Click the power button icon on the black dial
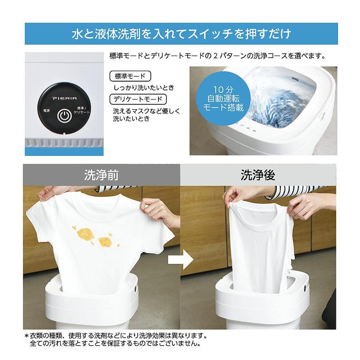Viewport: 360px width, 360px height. [x=64, y=116]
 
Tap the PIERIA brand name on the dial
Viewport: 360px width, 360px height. [x=65, y=98]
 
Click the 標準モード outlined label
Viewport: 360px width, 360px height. [x=130, y=76]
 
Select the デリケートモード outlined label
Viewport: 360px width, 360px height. [x=138, y=99]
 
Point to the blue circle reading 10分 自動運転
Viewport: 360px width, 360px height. [x=223, y=99]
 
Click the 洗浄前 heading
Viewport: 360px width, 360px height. [x=101, y=175]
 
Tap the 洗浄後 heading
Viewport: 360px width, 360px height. [x=258, y=175]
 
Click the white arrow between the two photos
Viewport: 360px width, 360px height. [x=181, y=260]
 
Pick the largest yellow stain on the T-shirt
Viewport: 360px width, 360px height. [x=86, y=234]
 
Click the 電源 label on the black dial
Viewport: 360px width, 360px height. [x=46, y=111]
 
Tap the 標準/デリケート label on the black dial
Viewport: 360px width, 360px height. [x=82, y=110]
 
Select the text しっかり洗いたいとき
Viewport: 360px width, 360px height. [x=144, y=88]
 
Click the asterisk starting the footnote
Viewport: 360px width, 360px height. [x=27, y=336]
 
